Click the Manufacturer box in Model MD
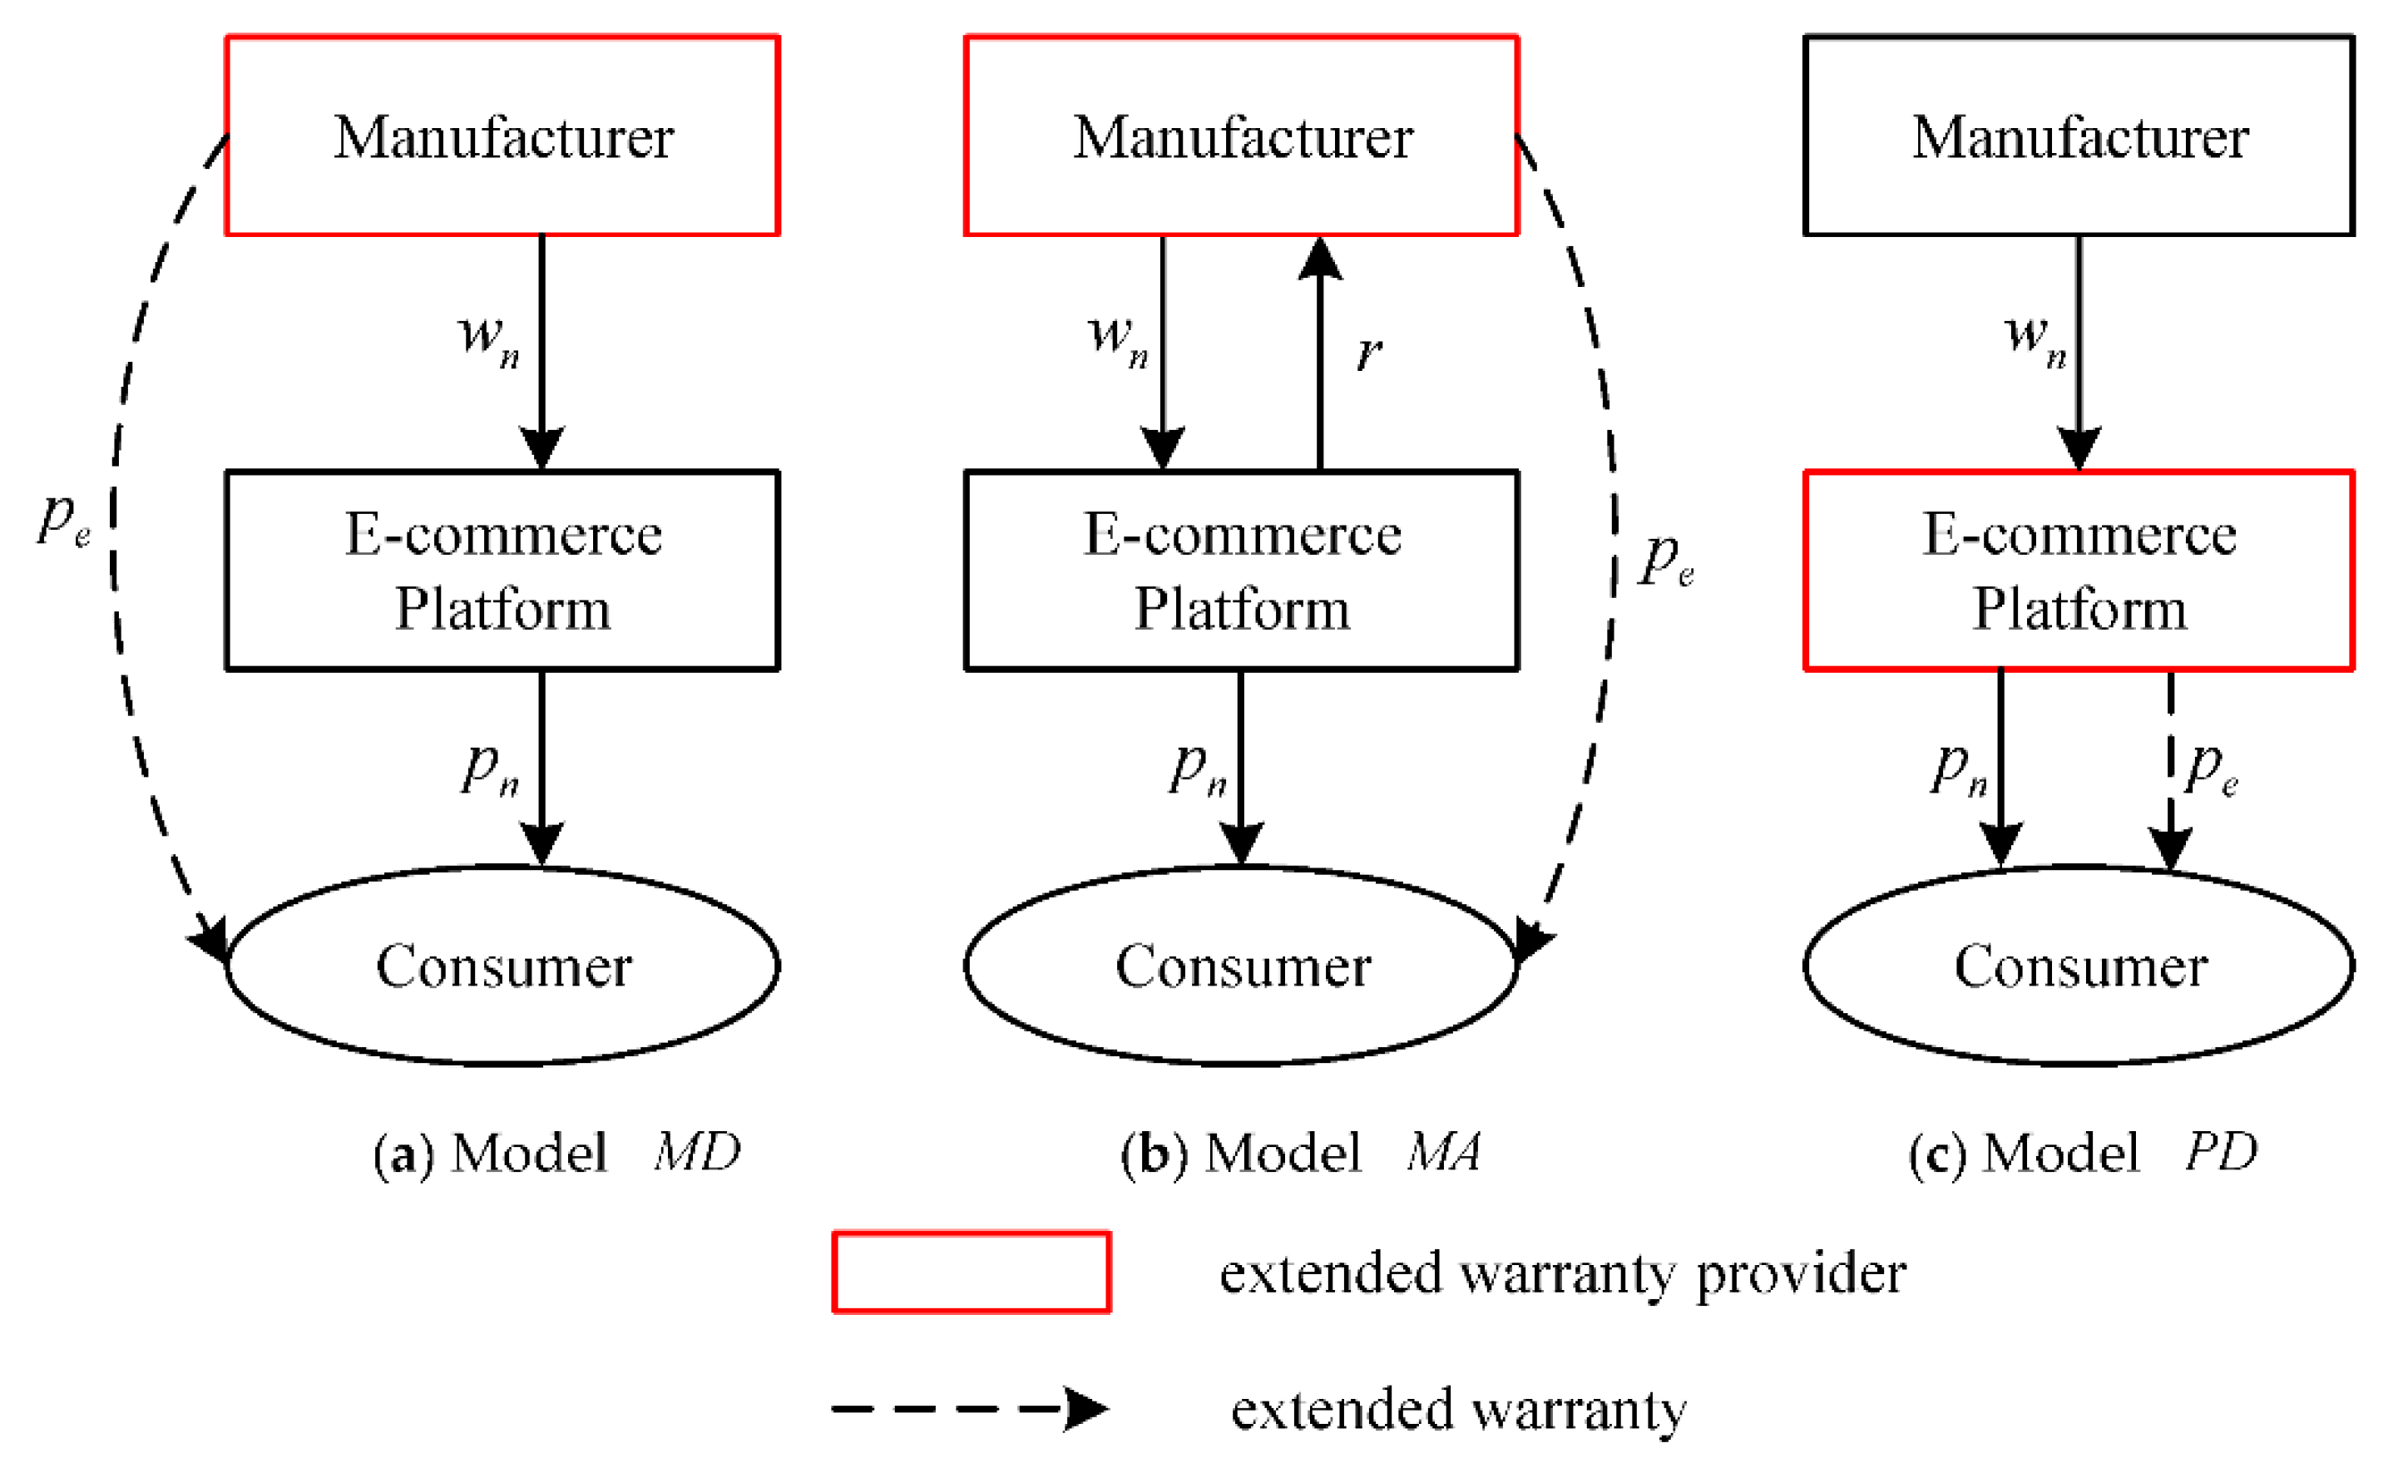point(502,136)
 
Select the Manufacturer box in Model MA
point(1241,136)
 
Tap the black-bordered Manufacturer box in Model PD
point(2079,136)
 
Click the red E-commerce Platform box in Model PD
point(2079,571)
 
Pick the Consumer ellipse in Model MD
point(502,966)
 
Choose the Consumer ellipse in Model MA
point(1241,966)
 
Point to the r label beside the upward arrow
point(1369,352)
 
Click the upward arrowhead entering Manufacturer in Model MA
point(1320,260)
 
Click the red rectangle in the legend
point(972,1273)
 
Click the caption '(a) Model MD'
point(556,1153)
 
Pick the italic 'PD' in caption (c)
point(2220,1152)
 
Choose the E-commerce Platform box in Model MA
point(1241,571)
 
